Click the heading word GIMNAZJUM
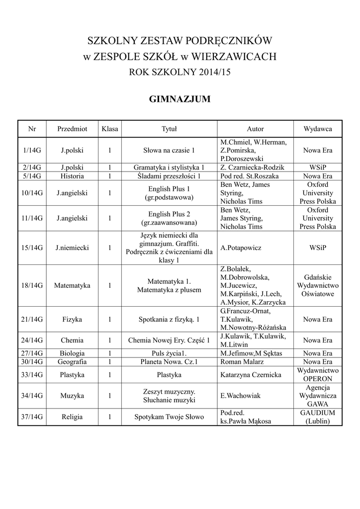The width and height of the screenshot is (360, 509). [x=180, y=99]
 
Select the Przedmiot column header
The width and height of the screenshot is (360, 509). [x=72, y=129]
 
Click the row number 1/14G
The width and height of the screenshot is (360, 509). [x=32, y=150]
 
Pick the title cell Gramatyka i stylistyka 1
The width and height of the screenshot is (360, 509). [x=169, y=167]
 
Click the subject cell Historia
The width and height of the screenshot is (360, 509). [x=72, y=176]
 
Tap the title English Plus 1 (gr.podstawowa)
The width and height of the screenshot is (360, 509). [x=169, y=193]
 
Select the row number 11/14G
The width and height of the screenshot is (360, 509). [x=32, y=218]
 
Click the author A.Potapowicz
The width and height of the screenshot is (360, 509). [x=241, y=248]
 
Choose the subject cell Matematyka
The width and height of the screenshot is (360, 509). [x=72, y=286]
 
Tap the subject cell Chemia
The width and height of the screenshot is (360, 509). [x=72, y=340]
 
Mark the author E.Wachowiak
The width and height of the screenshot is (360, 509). [x=241, y=396]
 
